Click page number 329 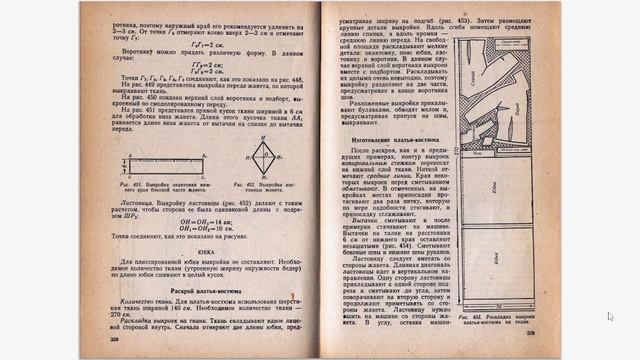click(531, 332)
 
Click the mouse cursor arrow click(610, 316)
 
